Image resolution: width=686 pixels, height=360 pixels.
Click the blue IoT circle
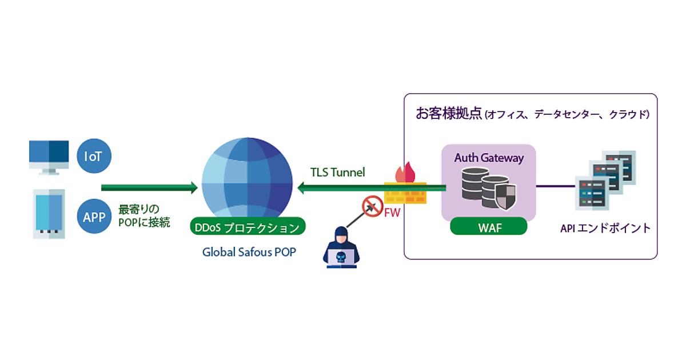coord(94,155)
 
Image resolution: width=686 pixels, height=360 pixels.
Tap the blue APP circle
coord(94,217)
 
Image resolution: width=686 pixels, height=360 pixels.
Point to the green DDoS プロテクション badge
coord(247,227)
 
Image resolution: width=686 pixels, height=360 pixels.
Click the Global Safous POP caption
coord(249,251)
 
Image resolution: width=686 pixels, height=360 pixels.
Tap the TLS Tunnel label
coord(337,172)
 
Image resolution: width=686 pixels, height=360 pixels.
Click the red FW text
coord(392,213)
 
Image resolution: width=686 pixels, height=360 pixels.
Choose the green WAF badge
coord(488,227)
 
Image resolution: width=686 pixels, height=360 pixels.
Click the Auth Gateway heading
coord(489,158)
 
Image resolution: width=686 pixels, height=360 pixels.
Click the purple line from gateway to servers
coord(556,186)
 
